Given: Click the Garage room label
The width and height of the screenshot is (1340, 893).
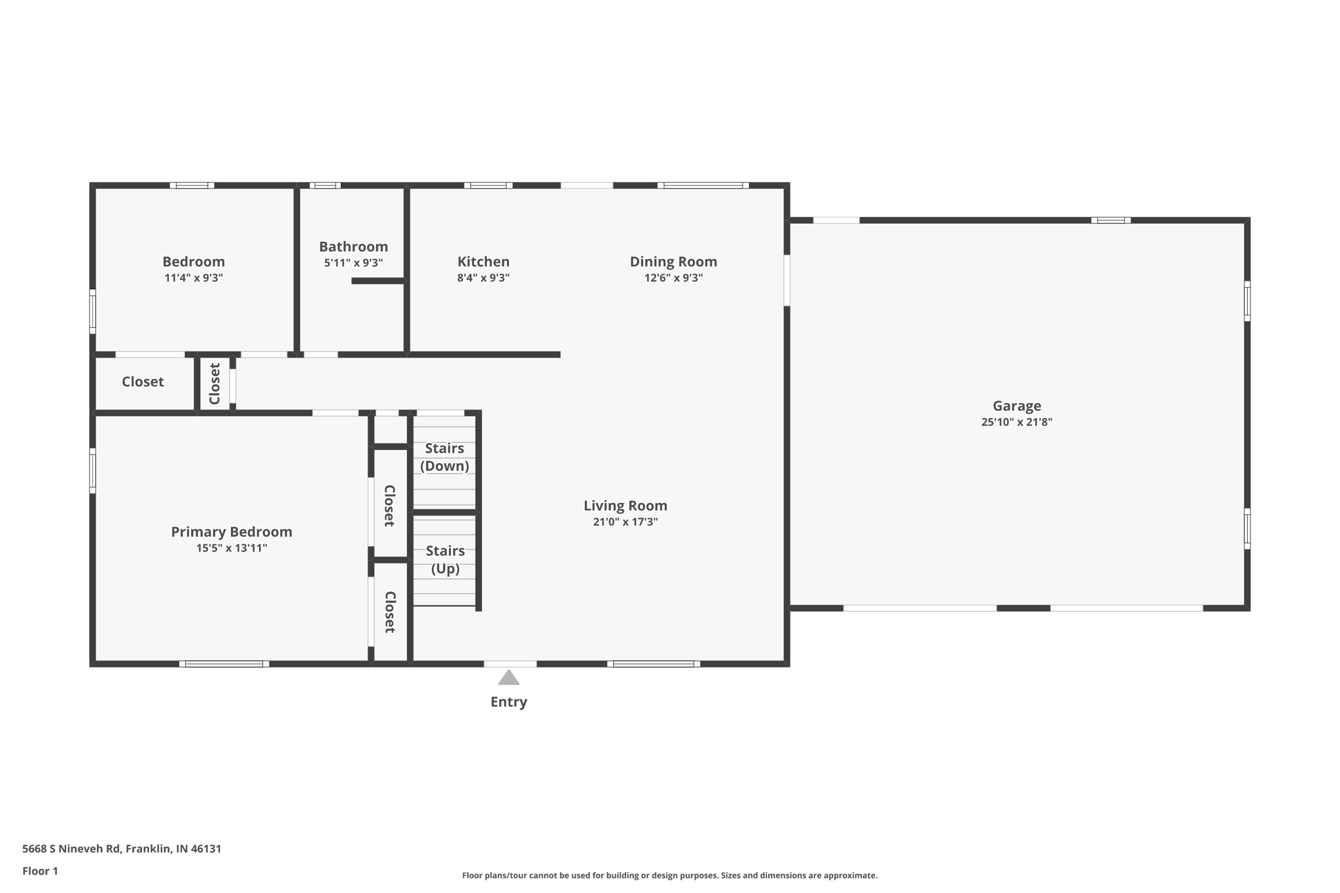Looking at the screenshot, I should [x=1016, y=406].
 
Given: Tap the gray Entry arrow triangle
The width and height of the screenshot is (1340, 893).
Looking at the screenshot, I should [x=508, y=678].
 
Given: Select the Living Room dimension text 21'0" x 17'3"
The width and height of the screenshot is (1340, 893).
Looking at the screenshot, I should [x=625, y=521].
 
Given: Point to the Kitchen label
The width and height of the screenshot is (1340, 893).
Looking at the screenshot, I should [x=483, y=262].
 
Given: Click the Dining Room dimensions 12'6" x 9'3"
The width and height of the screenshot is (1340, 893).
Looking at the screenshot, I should [x=673, y=277].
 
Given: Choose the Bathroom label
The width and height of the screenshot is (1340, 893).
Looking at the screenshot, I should [x=353, y=247].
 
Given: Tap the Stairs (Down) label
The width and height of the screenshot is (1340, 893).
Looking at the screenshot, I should [x=444, y=457].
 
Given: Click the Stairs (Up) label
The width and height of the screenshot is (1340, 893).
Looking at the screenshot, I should [x=445, y=559].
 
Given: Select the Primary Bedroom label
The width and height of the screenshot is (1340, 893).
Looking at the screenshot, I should [x=232, y=532].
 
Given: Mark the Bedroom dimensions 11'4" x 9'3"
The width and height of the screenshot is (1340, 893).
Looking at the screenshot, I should [x=194, y=277].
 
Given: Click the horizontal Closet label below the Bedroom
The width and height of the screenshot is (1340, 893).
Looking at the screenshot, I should [x=143, y=381].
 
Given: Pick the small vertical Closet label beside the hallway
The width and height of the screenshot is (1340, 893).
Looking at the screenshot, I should [x=215, y=384].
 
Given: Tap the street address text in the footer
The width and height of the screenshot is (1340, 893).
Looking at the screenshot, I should [x=122, y=849].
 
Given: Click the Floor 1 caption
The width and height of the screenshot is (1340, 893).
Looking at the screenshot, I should [x=40, y=871].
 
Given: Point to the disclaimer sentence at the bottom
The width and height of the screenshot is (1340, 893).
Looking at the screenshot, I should [x=669, y=875].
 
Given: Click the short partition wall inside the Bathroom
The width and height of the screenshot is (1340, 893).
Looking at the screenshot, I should [x=378, y=281].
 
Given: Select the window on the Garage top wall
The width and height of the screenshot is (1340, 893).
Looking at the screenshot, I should [x=1110, y=220].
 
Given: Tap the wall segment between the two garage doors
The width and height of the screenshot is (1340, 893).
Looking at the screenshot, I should [x=1023, y=608].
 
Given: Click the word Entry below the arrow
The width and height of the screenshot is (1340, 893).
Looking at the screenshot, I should [x=508, y=702].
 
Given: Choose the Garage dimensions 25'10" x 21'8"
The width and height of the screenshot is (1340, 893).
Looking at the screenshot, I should [x=1016, y=422].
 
